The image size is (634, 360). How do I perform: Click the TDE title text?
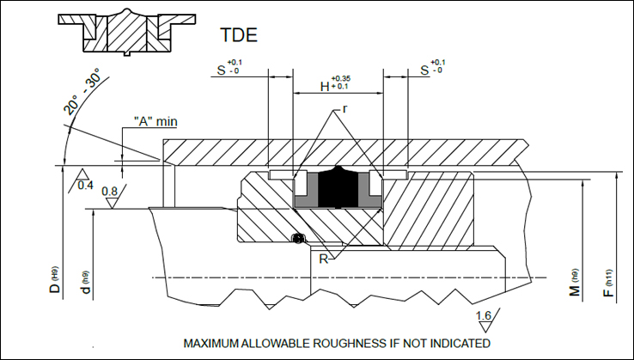click(239, 34)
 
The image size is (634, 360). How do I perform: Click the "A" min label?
click(155, 121)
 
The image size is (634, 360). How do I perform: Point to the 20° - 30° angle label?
click(82, 91)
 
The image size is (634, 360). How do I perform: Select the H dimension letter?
click(325, 86)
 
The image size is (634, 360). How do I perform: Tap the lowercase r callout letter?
click(344, 109)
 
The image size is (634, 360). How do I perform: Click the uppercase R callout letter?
click(324, 259)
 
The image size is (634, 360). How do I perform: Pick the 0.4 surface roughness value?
click(85, 186)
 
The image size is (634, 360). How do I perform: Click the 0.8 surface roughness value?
click(110, 192)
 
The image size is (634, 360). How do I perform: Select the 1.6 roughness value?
click(484, 315)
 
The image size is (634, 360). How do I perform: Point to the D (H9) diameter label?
click(55, 279)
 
